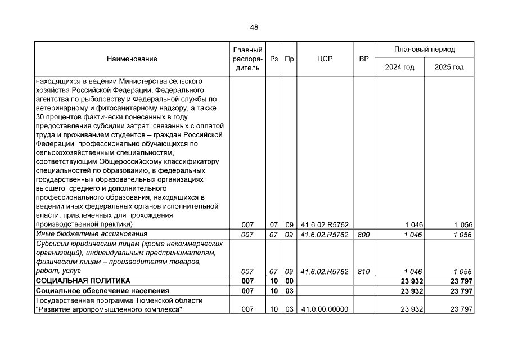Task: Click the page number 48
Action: tap(254, 28)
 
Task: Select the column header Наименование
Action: tap(132, 58)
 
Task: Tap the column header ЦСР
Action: tap(325, 58)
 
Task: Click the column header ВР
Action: tap(364, 58)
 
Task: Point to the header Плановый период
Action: tap(425, 49)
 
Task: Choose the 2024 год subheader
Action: tap(399, 67)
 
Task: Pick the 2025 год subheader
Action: tap(449, 67)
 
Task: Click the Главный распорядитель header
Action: tap(246, 58)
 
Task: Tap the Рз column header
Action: tap(274, 58)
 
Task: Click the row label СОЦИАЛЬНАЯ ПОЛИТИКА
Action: tap(83, 280)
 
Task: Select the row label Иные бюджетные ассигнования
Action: tap(91, 234)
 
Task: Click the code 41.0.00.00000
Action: tap(325, 309)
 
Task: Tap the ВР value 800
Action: tap(363, 235)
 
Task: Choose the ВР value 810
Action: tap(363, 271)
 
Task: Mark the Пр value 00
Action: tap(289, 281)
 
